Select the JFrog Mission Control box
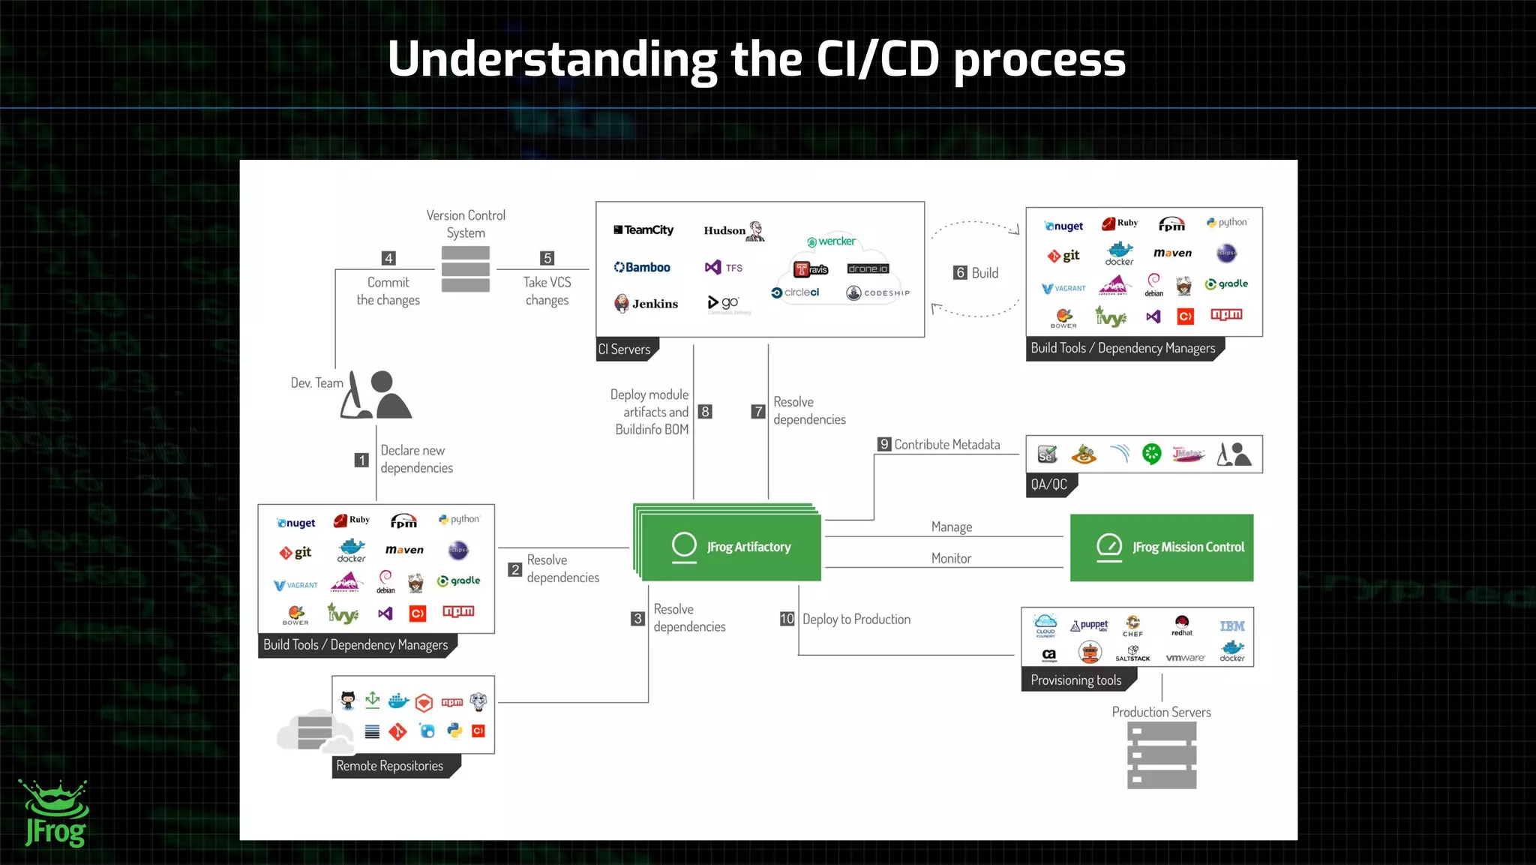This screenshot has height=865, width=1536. click(1161, 548)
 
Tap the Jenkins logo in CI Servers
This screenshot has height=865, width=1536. click(646, 303)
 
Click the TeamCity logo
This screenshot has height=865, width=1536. click(643, 230)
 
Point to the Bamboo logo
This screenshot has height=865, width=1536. click(642, 267)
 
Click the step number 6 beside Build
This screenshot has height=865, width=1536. click(960, 273)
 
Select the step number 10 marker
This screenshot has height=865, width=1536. click(787, 619)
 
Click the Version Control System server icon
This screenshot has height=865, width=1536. click(466, 269)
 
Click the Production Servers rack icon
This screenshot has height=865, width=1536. click(1162, 755)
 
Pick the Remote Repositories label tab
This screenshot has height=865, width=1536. click(391, 766)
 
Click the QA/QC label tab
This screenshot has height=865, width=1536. click(1049, 485)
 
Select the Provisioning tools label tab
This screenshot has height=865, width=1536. click(1076, 680)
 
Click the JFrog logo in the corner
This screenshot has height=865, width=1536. click(55, 814)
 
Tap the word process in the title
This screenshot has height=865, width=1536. click(1039, 60)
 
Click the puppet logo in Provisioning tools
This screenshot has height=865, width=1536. click(1090, 626)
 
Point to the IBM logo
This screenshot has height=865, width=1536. click(1231, 626)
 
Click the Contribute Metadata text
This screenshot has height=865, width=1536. click(946, 445)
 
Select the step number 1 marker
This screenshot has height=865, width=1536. click(361, 460)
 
